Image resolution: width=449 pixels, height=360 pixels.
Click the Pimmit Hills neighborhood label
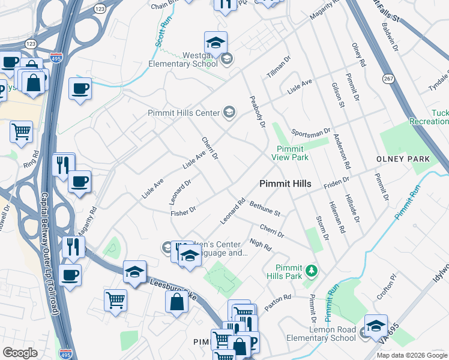[285, 184]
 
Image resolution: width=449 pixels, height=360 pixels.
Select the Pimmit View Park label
[289, 153]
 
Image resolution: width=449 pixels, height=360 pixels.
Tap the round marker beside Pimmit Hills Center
[229, 112]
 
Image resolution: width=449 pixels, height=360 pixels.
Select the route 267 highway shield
[386, 78]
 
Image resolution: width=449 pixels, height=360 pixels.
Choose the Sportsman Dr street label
[311, 131]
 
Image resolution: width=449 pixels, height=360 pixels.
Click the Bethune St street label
[265, 209]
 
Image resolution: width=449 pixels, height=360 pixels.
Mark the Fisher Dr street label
[183, 211]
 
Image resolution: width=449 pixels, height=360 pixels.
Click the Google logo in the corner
[20, 353]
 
